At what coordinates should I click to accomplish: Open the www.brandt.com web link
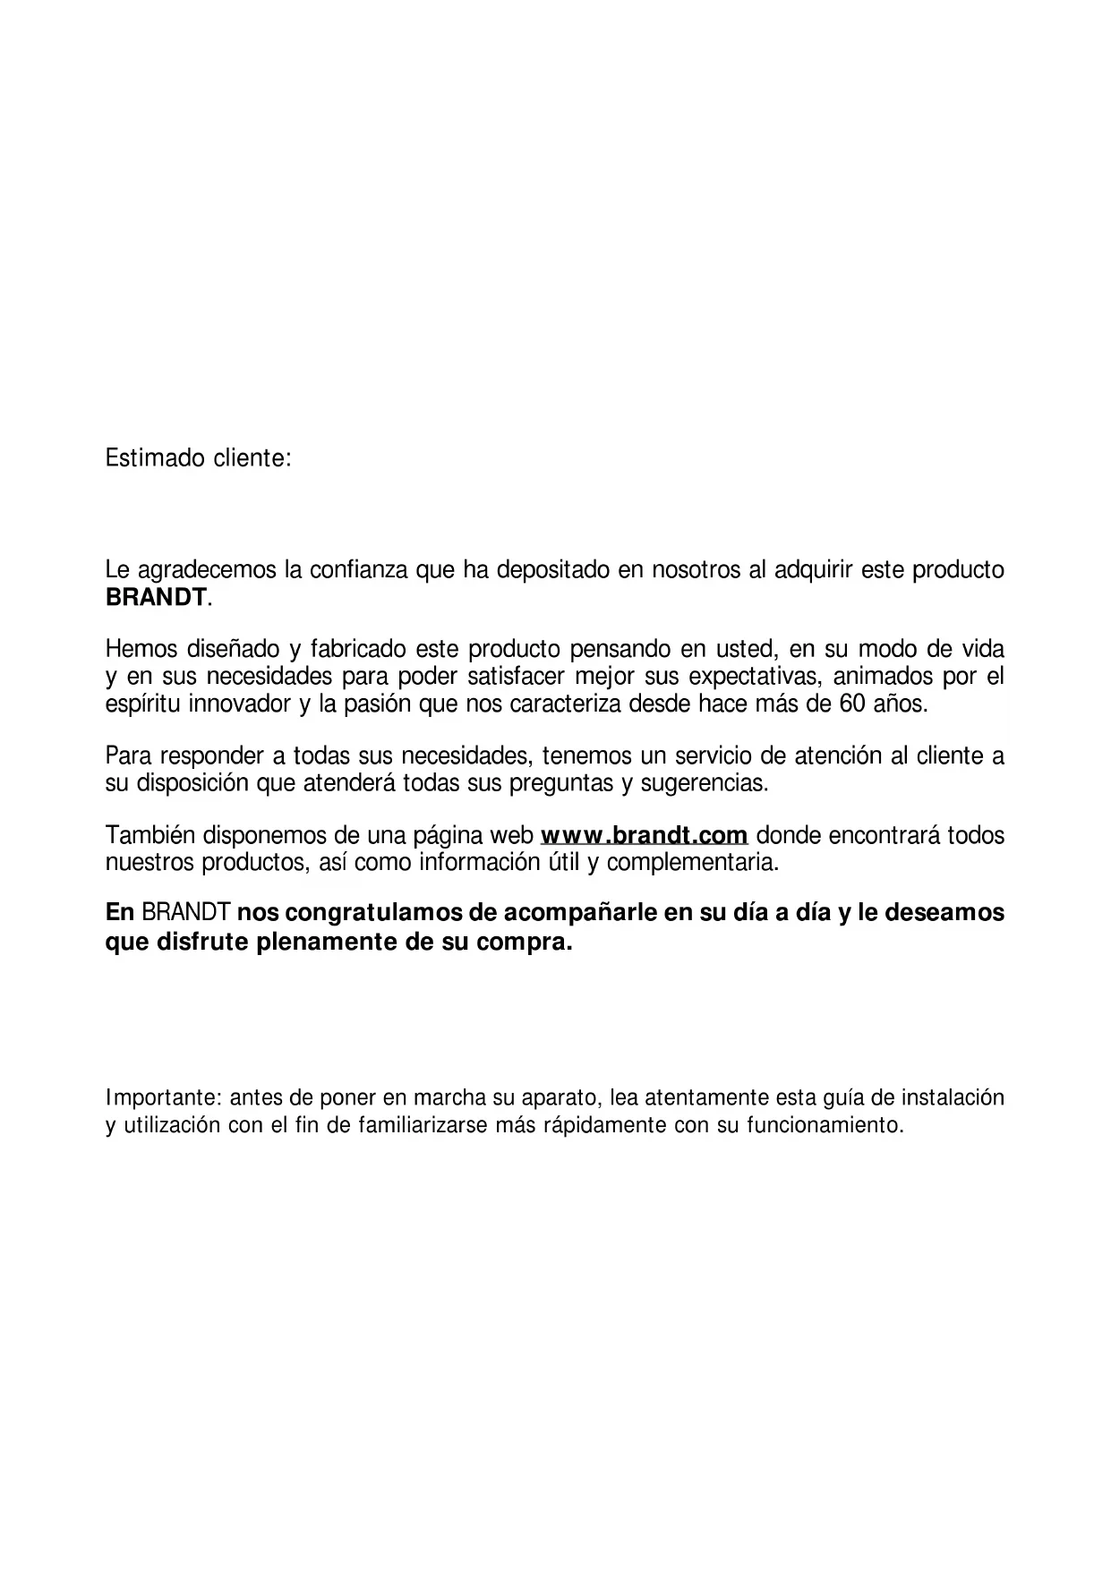[x=645, y=836]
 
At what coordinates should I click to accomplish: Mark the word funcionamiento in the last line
[x=825, y=1125]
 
